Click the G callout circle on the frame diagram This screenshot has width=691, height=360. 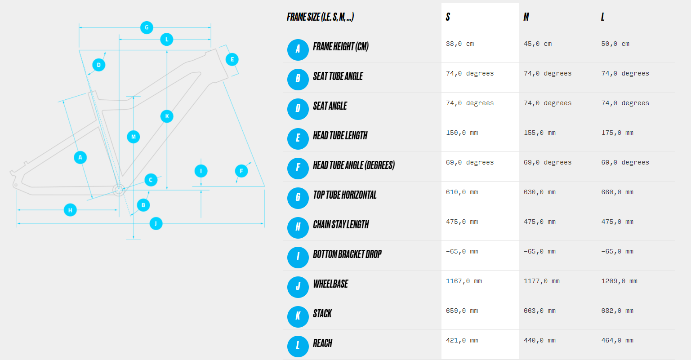coord(147,27)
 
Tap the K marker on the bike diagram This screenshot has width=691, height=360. coord(167,116)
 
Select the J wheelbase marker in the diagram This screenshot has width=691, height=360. coord(156,223)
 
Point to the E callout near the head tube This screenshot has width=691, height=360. coord(232,59)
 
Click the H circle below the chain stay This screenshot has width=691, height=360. coord(70,210)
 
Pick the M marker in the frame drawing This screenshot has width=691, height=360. coord(133,137)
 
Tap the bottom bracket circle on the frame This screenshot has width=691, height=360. coord(119,190)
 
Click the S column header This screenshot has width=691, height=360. coord(448,17)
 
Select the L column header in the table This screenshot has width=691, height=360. coord(602,17)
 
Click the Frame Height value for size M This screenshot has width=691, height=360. coord(538,44)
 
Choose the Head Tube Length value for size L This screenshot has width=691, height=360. coord(617,133)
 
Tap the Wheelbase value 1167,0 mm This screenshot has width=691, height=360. coord(464,281)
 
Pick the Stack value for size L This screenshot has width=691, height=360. coord(617,311)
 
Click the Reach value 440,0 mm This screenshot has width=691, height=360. coord(539,340)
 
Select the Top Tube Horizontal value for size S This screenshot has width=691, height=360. coord(462,192)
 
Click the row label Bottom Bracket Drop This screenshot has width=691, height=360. coord(347,254)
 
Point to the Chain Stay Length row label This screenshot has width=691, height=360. coord(341,225)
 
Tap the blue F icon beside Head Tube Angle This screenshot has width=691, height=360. coord(298,168)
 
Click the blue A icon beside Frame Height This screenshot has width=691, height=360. coord(298,49)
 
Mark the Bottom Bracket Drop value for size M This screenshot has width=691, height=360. coord(539,251)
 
